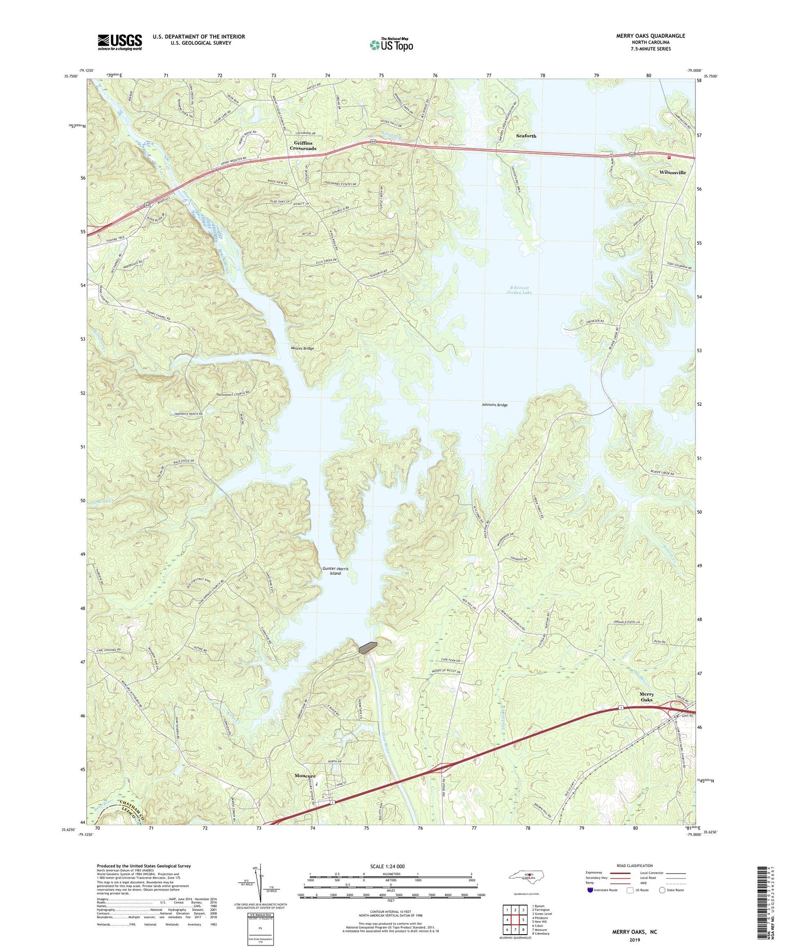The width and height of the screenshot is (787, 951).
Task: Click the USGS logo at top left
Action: tap(120, 42)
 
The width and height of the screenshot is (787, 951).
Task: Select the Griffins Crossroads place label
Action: tap(303, 145)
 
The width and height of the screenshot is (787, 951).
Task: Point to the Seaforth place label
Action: tap(526, 136)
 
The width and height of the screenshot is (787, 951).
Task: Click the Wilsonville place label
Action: tap(672, 172)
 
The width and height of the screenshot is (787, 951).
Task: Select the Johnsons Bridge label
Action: tap(495, 405)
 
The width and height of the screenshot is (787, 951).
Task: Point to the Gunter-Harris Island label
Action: tap(335, 571)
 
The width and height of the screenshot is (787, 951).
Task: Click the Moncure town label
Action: tap(305, 776)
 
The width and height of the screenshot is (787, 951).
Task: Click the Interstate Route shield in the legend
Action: tap(591, 890)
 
